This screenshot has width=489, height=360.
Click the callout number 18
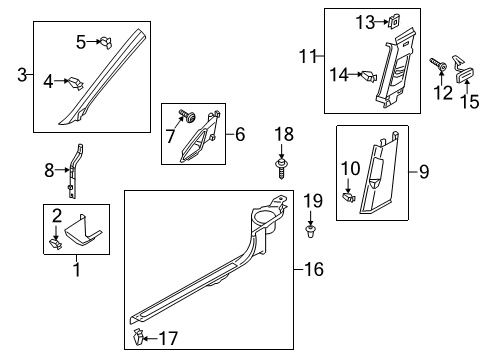click(284, 134)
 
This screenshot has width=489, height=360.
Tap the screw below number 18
click(281, 169)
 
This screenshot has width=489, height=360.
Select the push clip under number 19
click(311, 231)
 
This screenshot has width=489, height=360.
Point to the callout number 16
click(314, 269)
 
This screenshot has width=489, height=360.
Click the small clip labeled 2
click(55, 244)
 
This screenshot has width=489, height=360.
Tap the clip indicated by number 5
click(106, 42)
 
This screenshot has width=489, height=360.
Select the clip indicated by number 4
click(76, 83)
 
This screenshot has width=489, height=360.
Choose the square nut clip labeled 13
click(394, 22)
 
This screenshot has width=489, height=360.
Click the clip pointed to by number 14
click(369, 76)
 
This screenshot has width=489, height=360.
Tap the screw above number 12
click(438, 65)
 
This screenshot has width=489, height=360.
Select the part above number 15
click(464, 69)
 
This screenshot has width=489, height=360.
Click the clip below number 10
click(349, 197)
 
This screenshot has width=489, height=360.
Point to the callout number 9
click(424, 172)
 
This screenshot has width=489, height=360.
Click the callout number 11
click(308, 56)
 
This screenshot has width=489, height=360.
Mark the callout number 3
click(22, 75)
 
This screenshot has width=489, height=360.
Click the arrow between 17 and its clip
click(150, 338)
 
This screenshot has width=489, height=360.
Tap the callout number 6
click(240, 134)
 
